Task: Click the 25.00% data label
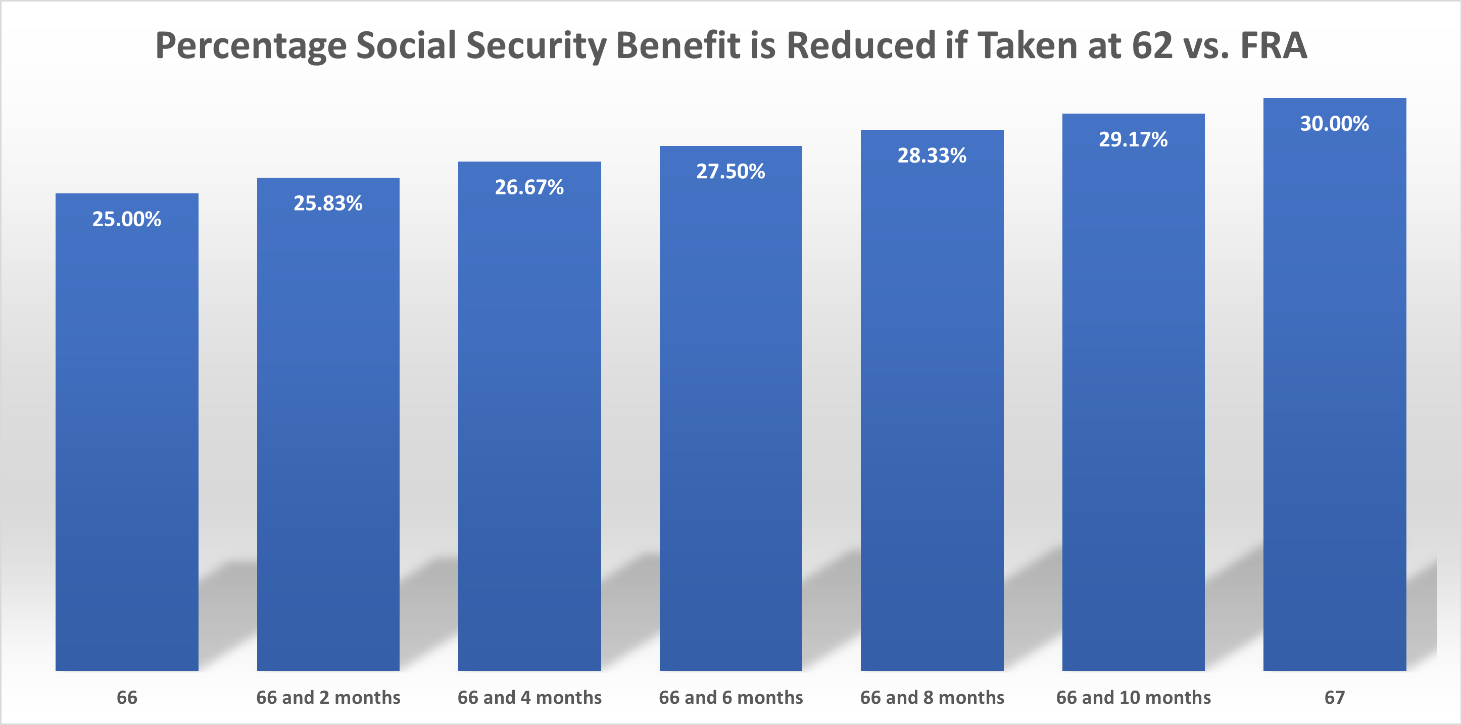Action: (127, 219)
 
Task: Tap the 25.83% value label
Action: (328, 203)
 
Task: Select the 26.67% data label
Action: (529, 187)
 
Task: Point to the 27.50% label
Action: (730, 171)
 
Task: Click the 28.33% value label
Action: (932, 156)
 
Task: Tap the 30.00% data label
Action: (1334, 124)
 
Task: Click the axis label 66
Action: (127, 697)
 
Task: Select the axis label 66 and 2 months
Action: (328, 697)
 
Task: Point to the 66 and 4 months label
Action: (529, 697)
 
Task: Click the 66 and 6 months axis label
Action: (730, 697)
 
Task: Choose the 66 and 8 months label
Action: (932, 697)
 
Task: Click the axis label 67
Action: (1334, 697)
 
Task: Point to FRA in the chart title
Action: (1274, 45)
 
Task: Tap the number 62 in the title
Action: (1152, 45)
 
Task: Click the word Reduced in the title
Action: (860, 45)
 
